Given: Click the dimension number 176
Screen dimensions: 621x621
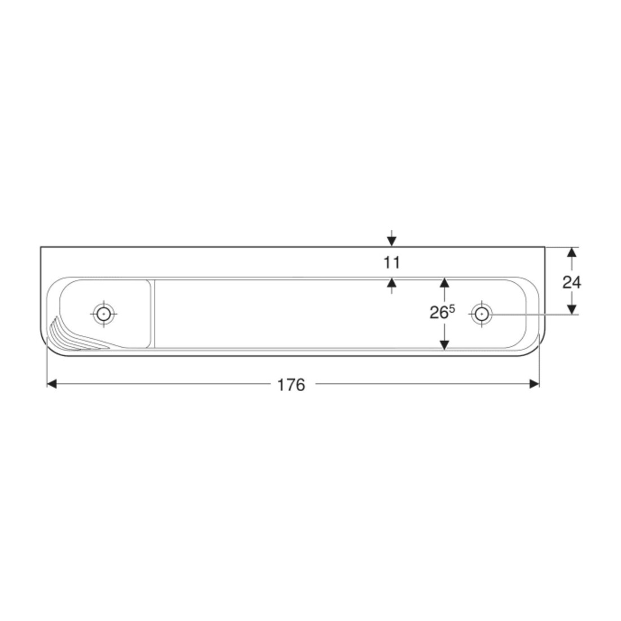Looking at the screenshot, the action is [x=291, y=384].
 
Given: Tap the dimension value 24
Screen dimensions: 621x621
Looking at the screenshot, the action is [x=572, y=282].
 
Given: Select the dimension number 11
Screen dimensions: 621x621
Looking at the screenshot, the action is [x=392, y=263].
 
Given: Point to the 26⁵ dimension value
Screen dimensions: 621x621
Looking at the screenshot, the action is [x=442, y=312].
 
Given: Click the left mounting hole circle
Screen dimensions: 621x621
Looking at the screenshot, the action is [x=104, y=314].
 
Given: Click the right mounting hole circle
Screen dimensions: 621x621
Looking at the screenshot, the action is [x=482, y=314].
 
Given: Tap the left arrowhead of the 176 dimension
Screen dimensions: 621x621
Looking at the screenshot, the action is [x=52, y=383].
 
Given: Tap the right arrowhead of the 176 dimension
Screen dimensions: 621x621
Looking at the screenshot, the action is [x=534, y=383].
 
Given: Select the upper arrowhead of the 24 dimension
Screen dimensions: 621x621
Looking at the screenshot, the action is [x=571, y=252].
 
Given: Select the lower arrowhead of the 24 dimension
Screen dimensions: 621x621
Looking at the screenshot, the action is [x=571, y=309].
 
